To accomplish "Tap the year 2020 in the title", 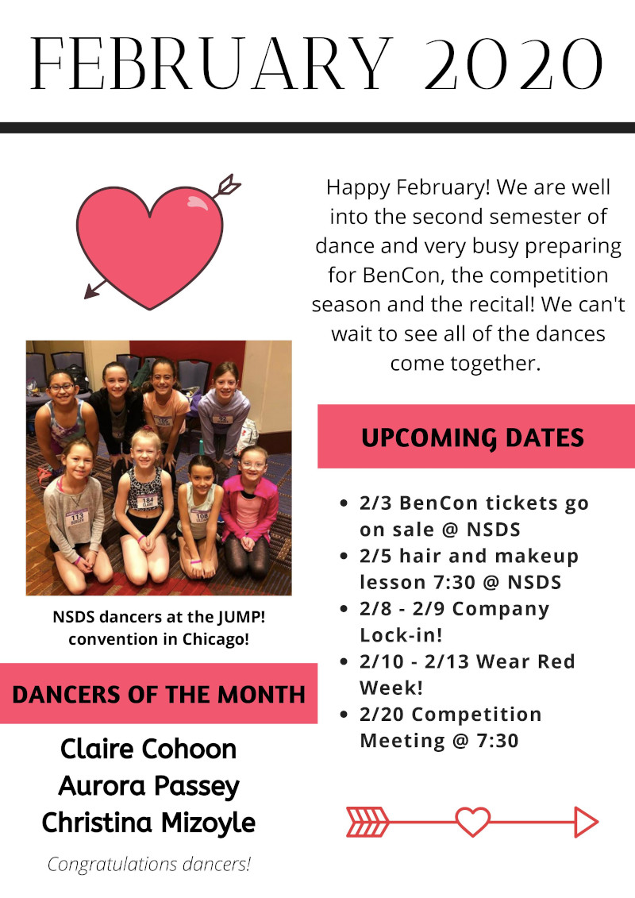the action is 514,64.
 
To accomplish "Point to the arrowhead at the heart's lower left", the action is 91,291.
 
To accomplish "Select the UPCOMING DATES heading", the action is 472,438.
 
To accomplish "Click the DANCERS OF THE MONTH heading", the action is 159,695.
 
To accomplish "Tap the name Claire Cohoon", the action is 148,749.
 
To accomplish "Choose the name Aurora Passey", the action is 149,787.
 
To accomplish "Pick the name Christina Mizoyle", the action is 148,823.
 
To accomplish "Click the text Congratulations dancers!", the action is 149,864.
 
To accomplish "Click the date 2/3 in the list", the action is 375,503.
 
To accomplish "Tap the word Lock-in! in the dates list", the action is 401,635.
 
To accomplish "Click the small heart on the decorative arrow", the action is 473,822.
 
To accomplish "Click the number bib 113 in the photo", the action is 76,518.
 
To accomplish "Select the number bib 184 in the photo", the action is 147,502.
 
